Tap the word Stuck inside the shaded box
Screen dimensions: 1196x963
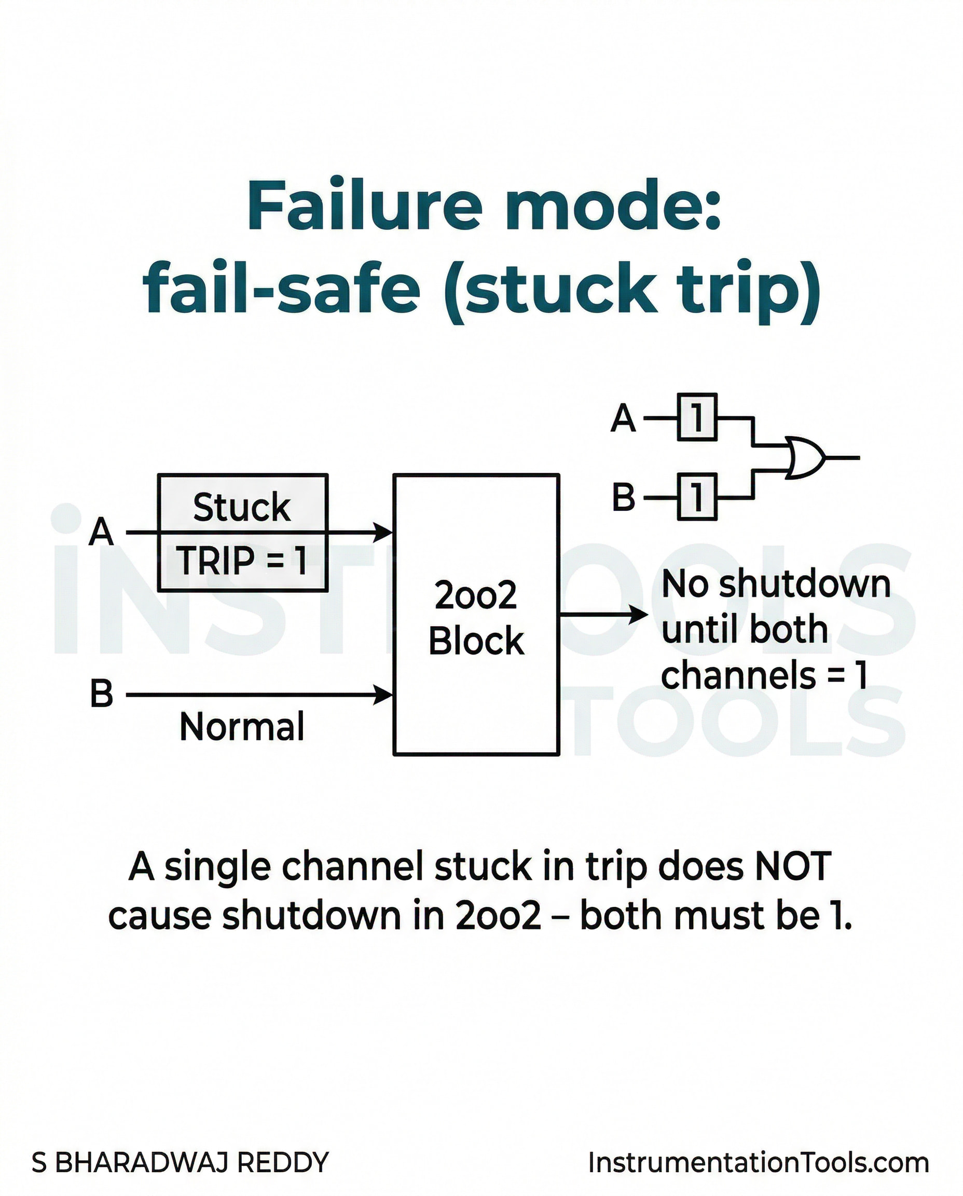242,507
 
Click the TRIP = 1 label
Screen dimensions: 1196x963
242,561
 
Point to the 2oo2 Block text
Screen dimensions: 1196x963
476,618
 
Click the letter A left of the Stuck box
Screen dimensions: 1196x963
101,532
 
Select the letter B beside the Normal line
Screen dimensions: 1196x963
102,694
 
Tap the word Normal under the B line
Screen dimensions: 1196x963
242,727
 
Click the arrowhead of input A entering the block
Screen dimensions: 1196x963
383,532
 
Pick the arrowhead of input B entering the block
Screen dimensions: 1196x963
383,694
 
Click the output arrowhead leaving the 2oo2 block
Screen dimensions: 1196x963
638,615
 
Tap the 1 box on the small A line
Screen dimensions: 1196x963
697,417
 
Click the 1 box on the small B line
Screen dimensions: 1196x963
697,497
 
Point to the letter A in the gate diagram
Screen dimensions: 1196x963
623,418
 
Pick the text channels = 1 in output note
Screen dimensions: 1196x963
764,675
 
